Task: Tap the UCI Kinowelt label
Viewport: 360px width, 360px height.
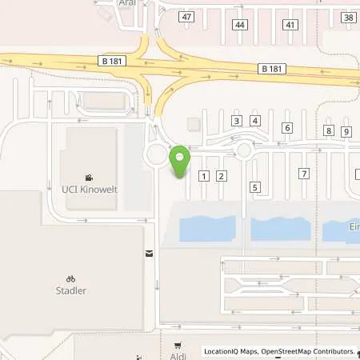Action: click(88, 190)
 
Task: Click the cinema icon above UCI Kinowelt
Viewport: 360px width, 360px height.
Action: click(88, 178)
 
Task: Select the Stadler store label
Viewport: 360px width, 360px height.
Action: click(70, 291)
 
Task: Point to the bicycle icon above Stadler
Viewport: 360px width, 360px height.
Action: click(70, 279)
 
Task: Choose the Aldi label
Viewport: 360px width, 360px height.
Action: click(178, 355)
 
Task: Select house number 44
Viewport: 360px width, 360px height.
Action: click(240, 25)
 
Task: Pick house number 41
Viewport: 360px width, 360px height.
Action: click(290, 25)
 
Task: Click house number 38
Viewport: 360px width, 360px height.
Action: click(348, 17)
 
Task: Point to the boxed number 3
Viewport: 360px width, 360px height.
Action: click(236, 121)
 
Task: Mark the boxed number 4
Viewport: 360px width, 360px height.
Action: click(255, 121)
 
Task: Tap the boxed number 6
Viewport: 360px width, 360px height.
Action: click(287, 127)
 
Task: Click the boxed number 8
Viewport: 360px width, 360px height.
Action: click(328, 130)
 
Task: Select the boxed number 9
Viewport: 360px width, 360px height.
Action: click(346, 131)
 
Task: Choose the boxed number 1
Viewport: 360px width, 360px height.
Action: click(204, 175)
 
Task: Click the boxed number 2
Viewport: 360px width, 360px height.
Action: click(222, 175)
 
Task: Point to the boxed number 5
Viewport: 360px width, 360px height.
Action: click(255, 187)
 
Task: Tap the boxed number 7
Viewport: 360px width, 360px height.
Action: click(303, 174)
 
